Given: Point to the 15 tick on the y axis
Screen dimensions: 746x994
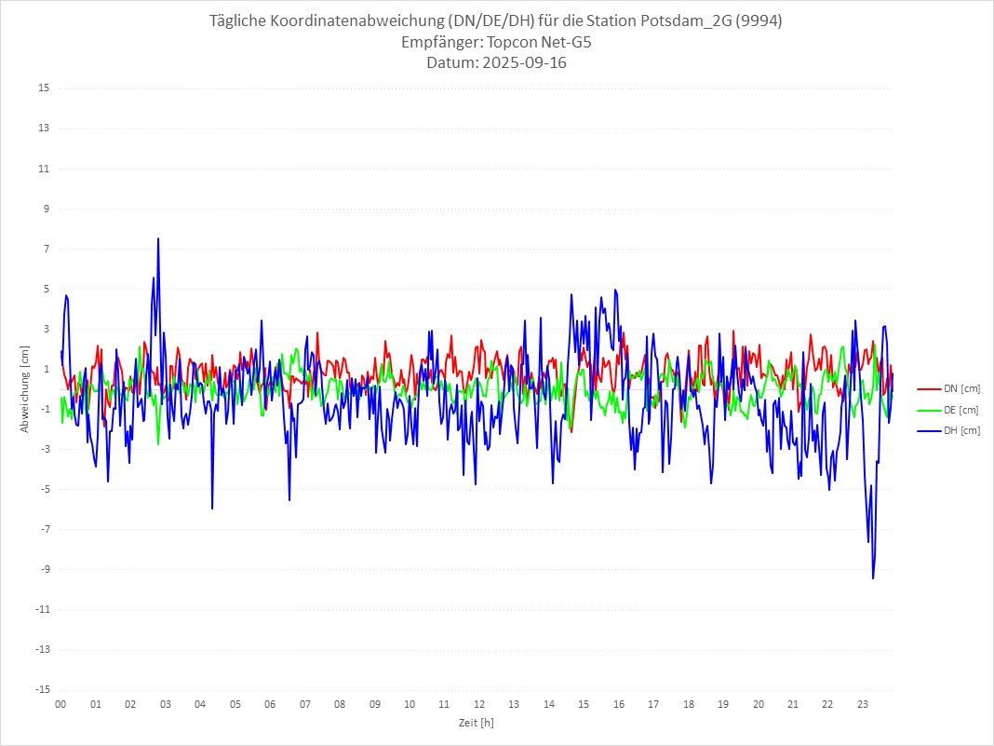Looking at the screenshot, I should (x=44, y=88).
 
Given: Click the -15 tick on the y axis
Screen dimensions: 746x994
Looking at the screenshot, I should (x=42, y=690).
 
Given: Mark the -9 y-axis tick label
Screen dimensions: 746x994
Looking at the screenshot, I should (x=44, y=570).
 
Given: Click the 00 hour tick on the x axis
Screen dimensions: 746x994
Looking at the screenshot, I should (x=60, y=704).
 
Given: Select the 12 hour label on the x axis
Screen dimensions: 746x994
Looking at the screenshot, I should (x=479, y=704).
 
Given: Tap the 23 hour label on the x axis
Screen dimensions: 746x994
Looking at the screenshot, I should (x=863, y=704).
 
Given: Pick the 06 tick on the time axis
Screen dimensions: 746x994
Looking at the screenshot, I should (x=270, y=704).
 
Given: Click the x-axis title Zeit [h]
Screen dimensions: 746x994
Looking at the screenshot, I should (x=476, y=723).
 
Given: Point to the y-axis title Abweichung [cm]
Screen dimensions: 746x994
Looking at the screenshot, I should (x=25, y=389).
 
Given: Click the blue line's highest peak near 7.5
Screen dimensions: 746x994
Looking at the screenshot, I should (x=158, y=239).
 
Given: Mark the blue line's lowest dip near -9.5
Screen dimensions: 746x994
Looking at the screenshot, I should (x=873, y=578).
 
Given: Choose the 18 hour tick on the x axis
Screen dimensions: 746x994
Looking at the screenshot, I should (x=689, y=704).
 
